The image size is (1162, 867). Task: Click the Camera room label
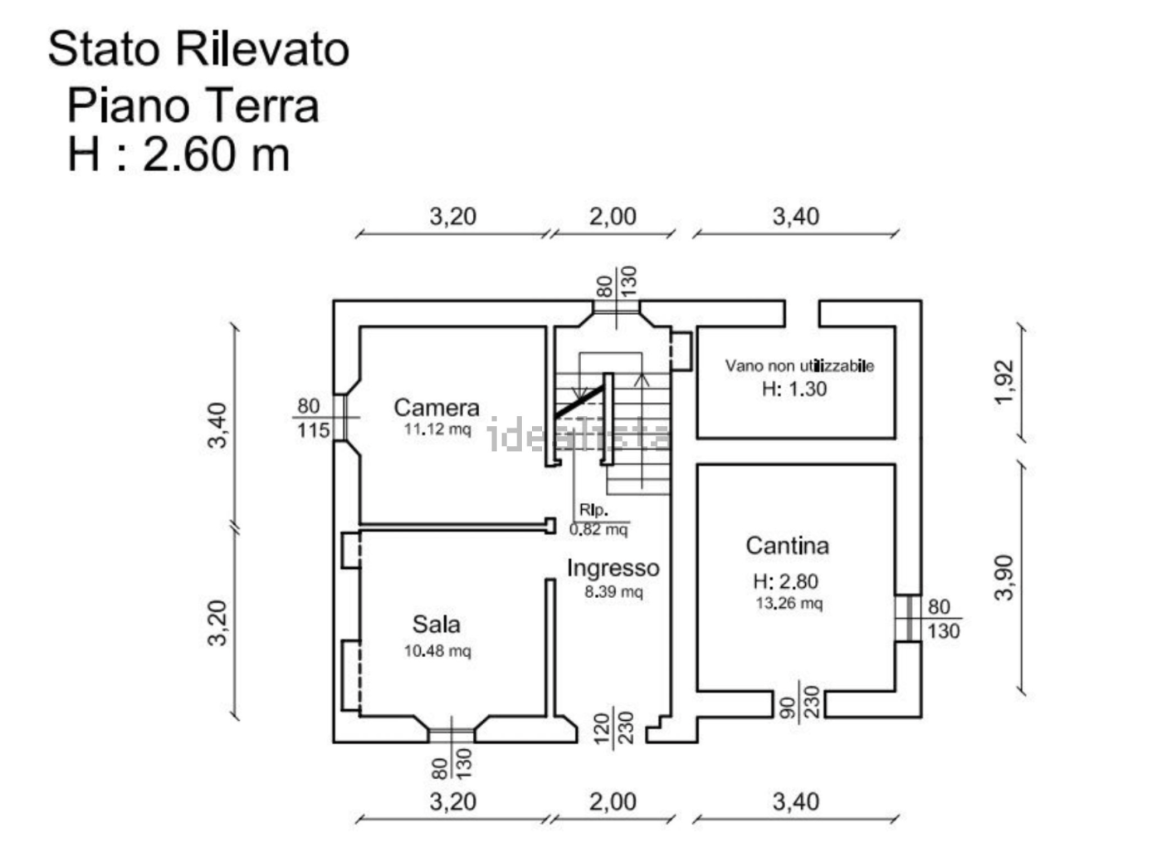pyautogui.click(x=436, y=408)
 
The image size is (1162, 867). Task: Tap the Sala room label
pyautogui.click(x=436, y=625)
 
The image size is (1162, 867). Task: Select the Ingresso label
pyautogui.click(x=613, y=569)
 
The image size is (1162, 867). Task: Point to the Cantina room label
pyautogui.click(x=787, y=546)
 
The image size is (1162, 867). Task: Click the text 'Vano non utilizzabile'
pyautogui.click(x=799, y=365)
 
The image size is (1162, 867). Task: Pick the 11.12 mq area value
pyautogui.click(x=437, y=429)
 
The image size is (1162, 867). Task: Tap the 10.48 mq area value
pyautogui.click(x=437, y=651)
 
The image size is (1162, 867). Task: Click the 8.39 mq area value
pyautogui.click(x=613, y=592)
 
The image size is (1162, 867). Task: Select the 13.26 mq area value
pyautogui.click(x=788, y=604)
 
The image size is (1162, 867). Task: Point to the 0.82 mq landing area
pyautogui.click(x=598, y=529)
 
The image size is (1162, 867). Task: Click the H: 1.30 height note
pyautogui.click(x=794, y=389)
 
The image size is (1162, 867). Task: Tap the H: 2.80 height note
pyautogui.click(x=785, y=581)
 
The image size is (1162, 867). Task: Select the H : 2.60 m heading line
pyautogui.click(x=178, y=154)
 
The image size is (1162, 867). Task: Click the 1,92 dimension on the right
pyautogui.click(x=1003, y=382)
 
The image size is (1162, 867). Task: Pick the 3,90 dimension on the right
pyautogui.click(x=1003, y=577)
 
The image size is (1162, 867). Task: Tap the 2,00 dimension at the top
pyautogui.click(x=613, y=217)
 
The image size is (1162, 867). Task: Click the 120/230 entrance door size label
pyautogui.click(x=614, y=727)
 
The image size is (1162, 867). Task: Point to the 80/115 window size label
pyautogui.click(x=313, y=419)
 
